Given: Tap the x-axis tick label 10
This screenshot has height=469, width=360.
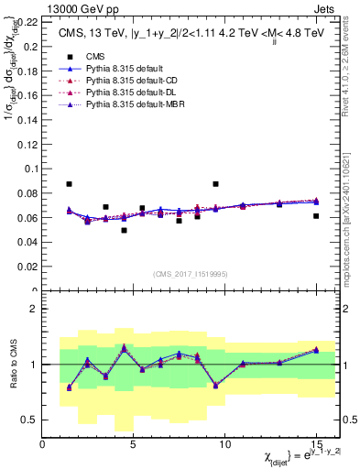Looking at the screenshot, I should tap(224, 445).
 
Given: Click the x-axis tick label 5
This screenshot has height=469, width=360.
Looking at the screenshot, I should tap(134, 445).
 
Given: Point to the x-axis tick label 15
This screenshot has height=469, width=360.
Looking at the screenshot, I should tap(315, 445).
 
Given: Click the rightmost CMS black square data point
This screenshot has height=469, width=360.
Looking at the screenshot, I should tap(316, 216).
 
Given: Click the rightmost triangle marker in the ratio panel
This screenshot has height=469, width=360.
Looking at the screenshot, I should tap(316, 350).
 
